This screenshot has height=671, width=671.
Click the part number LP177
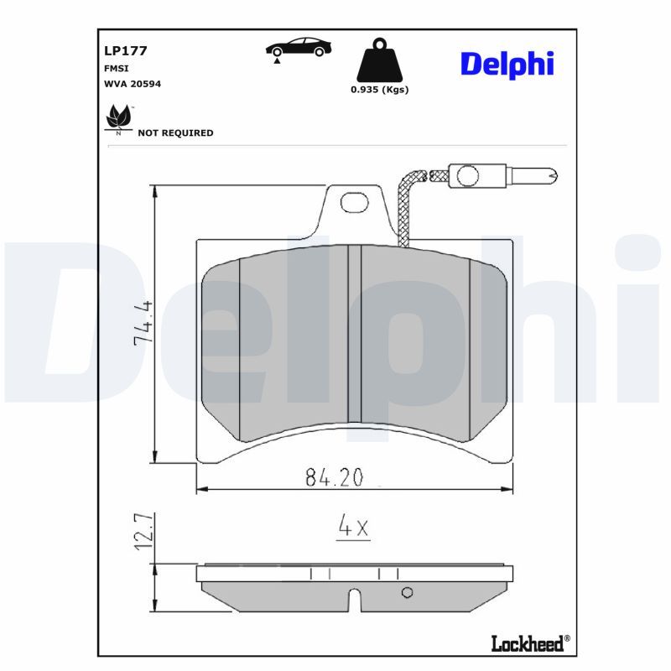(125, 50)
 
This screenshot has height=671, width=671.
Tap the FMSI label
(116, 69)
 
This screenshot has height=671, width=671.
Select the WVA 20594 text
(133, 84)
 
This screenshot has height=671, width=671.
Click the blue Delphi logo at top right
(507, 65)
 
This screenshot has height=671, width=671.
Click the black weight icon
(380, 60)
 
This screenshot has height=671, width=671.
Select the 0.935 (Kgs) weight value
(380, 90)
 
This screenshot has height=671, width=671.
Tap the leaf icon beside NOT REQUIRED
(119, 117)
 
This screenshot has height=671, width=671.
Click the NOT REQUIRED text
(175, 133)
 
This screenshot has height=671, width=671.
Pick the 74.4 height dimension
(143, 323)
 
